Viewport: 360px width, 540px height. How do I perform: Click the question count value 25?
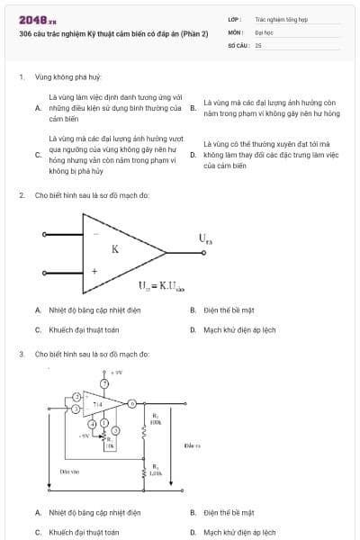point(258,44)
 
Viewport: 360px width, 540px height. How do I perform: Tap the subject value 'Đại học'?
point(264,31)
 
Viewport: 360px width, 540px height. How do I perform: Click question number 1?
point(21,77)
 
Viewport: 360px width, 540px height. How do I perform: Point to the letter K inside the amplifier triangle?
point(115,250)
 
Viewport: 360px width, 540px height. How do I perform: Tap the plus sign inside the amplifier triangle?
point(94,270)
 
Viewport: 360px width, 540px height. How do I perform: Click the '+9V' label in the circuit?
point(116,372)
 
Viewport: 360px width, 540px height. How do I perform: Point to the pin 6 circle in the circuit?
point(132,404)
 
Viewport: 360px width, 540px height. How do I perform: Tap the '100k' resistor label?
point(155,421)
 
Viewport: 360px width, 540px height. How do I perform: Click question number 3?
point(21,354)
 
